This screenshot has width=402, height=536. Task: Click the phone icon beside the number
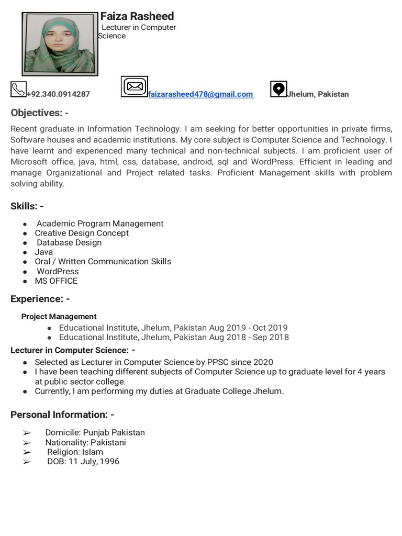click(x=18, y=89)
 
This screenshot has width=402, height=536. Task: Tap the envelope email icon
click(x=135, y=86)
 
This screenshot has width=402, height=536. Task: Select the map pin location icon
click(x=278, y=89)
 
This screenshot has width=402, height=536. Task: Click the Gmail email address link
click(x=200, y=94)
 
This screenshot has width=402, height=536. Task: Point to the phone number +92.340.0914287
click(x=58, y=94)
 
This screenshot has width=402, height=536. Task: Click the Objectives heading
click(x=39, y=113)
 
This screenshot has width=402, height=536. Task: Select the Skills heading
click(x=27, y=206)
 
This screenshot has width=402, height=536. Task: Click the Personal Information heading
click(x=62, y=415)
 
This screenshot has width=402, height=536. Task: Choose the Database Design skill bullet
click(x=69, y=242)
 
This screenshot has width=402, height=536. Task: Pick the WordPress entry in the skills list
click(x=58, y=271)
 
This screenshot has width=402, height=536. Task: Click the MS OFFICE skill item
click(x=56, y=281)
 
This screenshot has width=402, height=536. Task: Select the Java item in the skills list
click(x=43, y=252)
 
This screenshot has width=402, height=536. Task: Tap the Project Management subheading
click(x=59, y=316)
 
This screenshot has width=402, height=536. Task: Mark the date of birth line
click(x=83, y=461)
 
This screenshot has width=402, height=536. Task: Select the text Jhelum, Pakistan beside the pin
click(x=318, y=94)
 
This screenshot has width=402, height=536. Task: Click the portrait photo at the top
click(x=60, y=44)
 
